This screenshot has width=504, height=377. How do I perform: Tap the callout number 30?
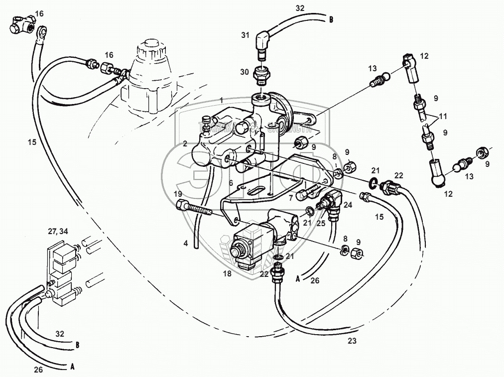point(244,72)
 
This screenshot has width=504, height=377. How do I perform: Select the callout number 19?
point(178,194)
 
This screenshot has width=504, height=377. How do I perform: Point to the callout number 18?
point(228,273)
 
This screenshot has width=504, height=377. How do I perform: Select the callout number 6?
point(231,183)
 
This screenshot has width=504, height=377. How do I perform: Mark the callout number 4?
point(186,244)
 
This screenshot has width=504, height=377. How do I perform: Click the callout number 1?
point(221,101)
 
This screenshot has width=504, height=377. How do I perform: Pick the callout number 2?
point(185,143)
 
